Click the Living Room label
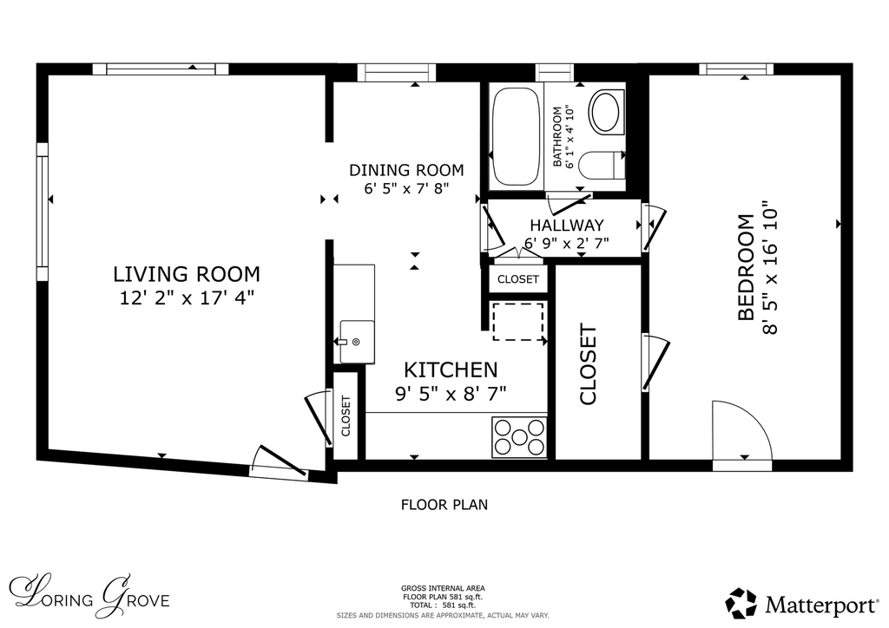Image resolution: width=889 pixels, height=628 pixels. click(187, 274)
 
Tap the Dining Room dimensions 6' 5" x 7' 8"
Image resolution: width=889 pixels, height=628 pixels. click(406, 188)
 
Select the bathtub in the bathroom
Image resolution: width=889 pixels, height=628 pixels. click(515, 135)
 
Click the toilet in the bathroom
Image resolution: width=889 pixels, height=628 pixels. click(603, 165)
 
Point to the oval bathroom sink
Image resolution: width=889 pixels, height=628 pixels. click(605, 112)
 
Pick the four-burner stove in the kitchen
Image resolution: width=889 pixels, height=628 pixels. click(519, 437)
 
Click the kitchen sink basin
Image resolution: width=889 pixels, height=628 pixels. click(357, 342)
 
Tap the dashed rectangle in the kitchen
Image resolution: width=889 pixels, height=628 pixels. click(518, 322)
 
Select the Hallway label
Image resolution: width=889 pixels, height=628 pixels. click(567, 226)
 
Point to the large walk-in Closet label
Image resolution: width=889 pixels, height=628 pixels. click(588, 364)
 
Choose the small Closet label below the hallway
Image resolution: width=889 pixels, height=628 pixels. click(518, 280)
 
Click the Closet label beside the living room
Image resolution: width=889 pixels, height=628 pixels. click(346, 415)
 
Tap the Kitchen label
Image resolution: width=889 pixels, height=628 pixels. click(451, 370)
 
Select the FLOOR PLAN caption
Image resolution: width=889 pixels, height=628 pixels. click(444, 505)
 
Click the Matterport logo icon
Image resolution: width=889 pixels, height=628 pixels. click(741, 604)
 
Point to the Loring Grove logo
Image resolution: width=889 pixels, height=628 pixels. click(89, 597)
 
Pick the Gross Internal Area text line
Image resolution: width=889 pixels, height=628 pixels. click(443, 588)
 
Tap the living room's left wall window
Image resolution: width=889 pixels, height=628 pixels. click(43, 212)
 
